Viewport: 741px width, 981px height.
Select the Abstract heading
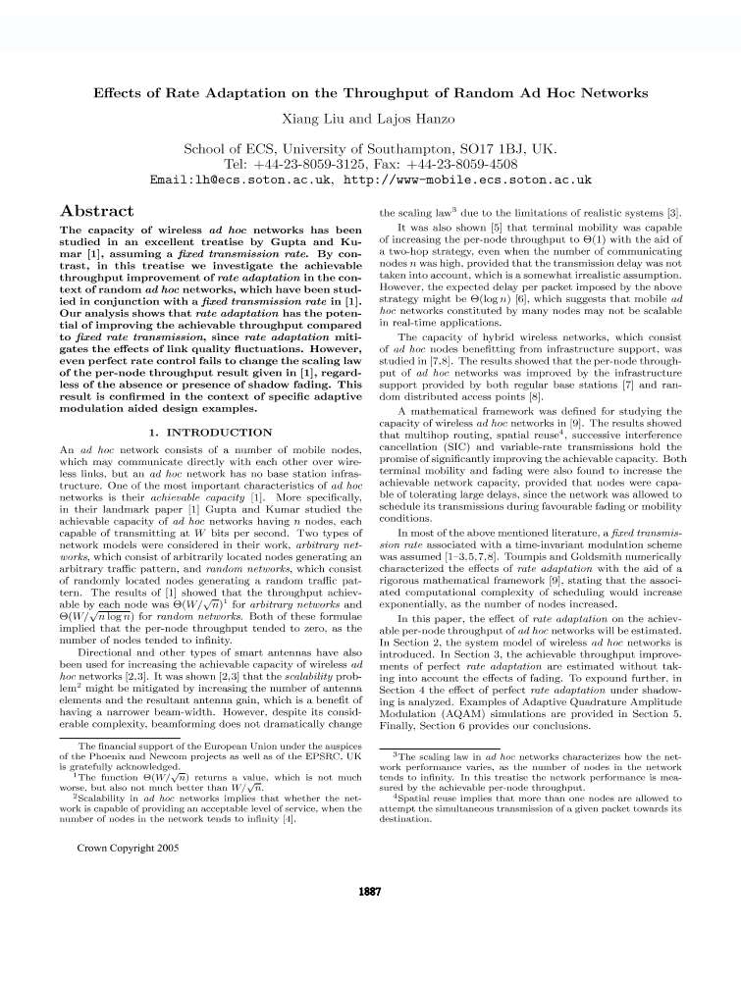(97, 211)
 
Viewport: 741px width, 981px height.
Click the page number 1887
(370, 892)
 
